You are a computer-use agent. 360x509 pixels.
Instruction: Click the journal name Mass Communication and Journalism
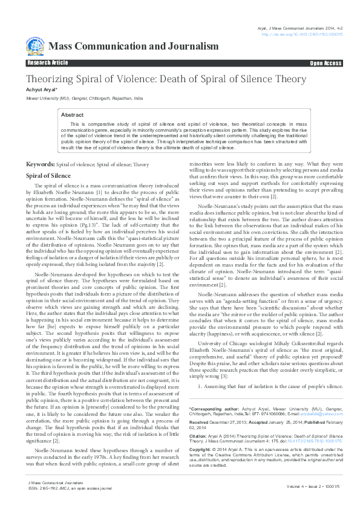pyautogui.click(x=133, y=47)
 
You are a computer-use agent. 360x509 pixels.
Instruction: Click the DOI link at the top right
pyautogui.click(x=302, y=34)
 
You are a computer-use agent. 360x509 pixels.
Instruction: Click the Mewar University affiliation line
pyautogui.click(x=84, y=97)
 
